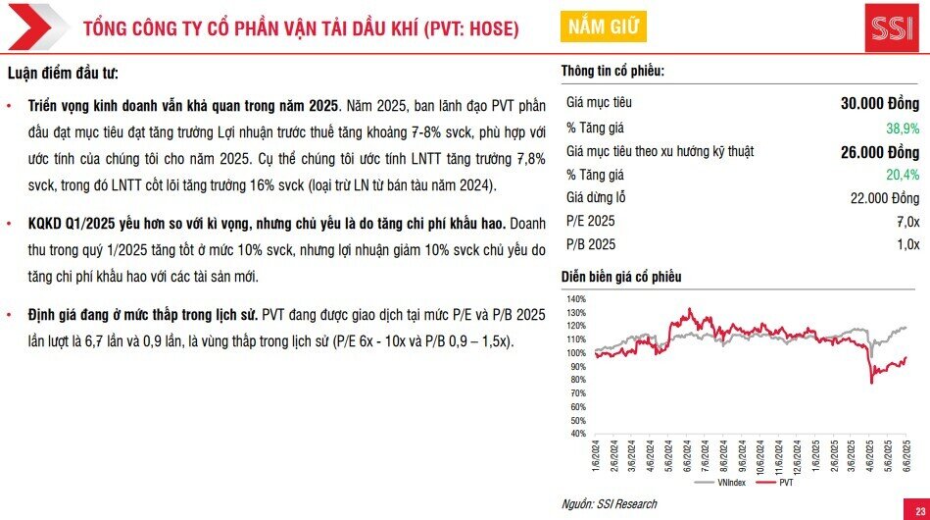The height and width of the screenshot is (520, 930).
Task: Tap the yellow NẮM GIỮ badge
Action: [602, 26]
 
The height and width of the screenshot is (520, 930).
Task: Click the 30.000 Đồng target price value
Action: [879, 103]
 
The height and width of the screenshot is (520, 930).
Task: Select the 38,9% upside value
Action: [902, 128]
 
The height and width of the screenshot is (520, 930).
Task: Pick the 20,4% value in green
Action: [902, 175]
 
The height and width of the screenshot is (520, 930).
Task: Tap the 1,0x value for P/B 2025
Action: [907, 244]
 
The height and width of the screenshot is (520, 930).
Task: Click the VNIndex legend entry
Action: [729, 484]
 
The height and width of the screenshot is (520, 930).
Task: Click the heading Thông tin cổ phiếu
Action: [612, 72]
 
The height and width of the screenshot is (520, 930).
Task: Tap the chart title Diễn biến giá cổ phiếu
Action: [620, 277]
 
